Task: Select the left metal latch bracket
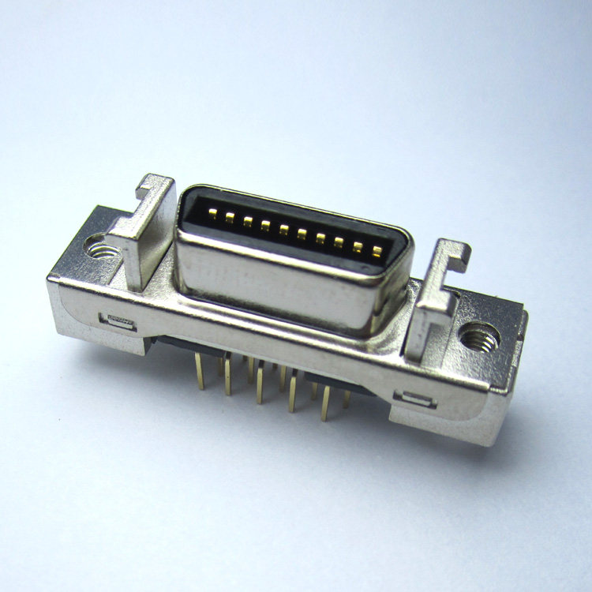point(142,233)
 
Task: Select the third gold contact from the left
point(247,222)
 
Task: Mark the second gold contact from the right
point(358,248)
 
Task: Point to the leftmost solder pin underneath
point(200,371)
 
